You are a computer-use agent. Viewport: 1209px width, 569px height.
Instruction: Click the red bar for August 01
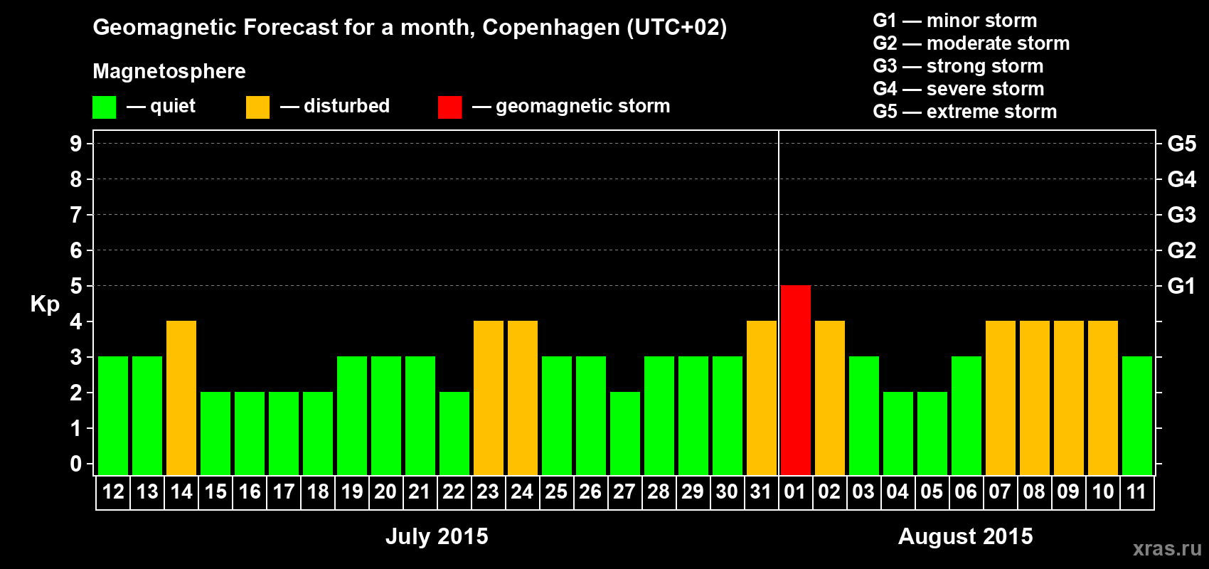(795, 380)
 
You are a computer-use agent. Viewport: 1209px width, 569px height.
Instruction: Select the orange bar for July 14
(181, 398)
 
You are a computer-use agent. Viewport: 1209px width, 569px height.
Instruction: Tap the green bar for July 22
(454, 433)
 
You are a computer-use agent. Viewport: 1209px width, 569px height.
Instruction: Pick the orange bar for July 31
(762, 398)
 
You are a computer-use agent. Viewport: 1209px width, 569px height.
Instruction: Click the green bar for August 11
(1136, 415)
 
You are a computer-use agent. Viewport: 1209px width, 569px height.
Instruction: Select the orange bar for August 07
(1001, 398)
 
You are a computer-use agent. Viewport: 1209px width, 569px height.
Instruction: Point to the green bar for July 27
(625, 433)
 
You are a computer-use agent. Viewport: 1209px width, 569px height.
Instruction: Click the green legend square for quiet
(104, 107)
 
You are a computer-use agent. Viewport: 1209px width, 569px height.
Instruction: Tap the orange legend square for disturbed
(257, 107)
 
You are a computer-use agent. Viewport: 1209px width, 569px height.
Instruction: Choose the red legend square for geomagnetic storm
(449, 107)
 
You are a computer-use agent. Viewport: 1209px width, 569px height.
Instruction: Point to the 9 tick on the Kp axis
(76, 144)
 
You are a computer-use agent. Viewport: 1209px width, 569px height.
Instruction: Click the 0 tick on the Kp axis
(76, 464)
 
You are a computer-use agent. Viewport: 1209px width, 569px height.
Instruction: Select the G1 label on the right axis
(1181, 286)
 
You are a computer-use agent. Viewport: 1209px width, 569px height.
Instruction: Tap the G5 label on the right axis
(1181, 144)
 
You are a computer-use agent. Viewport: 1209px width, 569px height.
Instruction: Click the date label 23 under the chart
(488, 491)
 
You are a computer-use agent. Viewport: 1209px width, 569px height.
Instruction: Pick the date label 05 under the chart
(932, 491)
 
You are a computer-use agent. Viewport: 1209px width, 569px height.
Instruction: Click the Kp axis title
(45, 304)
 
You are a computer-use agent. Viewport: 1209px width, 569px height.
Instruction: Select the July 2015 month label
(437, 536)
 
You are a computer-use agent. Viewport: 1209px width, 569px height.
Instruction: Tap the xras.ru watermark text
(1167, 548)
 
